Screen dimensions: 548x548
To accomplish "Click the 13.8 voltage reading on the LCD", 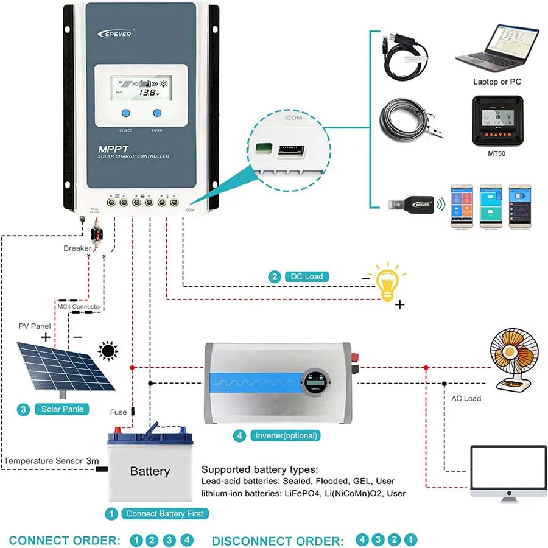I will coord(147,93).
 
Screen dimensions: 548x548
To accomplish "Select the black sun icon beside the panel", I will coord(108,351).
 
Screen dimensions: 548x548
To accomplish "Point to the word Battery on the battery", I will coord(150,471).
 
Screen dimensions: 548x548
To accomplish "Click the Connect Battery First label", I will coord(165,513).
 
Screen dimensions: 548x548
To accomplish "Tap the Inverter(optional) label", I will coord(287,436).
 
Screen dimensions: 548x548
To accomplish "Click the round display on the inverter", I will coord(317,384).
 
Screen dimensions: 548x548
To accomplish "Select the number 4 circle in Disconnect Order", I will coord(362,540).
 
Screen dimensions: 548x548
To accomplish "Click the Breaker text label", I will coord(77,248).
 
